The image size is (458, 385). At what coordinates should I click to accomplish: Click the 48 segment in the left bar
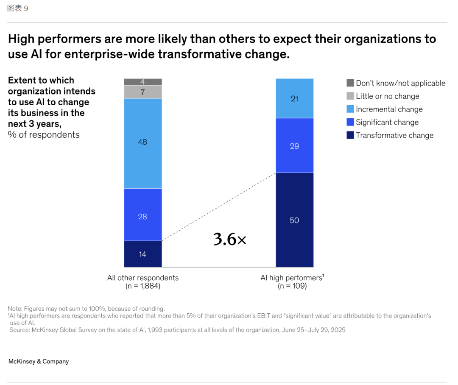(142, 143)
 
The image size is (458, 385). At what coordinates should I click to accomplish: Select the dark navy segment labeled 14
(142, 254)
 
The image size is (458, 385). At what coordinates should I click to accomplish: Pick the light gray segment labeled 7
(142, 92)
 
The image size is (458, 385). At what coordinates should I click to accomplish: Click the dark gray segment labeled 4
(142, 82)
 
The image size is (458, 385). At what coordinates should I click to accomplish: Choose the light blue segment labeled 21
(294, 98)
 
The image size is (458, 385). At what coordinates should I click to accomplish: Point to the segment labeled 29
(294, 145)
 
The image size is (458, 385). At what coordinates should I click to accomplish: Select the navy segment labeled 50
(294, 220)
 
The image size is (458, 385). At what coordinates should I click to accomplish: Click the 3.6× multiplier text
(229, 240)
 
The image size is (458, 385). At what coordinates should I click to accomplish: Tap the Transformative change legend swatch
(350, 135)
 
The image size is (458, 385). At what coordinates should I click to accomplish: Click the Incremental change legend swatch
(350, 109)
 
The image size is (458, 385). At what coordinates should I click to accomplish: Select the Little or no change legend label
(387, 96)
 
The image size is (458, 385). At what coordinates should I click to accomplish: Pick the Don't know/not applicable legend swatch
(350, 83)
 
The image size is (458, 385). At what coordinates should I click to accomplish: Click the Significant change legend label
(387, 122)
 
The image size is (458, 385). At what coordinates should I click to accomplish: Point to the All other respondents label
(143, 278)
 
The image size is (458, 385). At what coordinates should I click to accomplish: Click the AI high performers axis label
(292, 278)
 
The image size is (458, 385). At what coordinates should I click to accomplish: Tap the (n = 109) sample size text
(292, 286)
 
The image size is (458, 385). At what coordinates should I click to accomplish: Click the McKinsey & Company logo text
(39, 361)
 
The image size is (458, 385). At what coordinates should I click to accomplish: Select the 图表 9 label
(18, 8)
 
